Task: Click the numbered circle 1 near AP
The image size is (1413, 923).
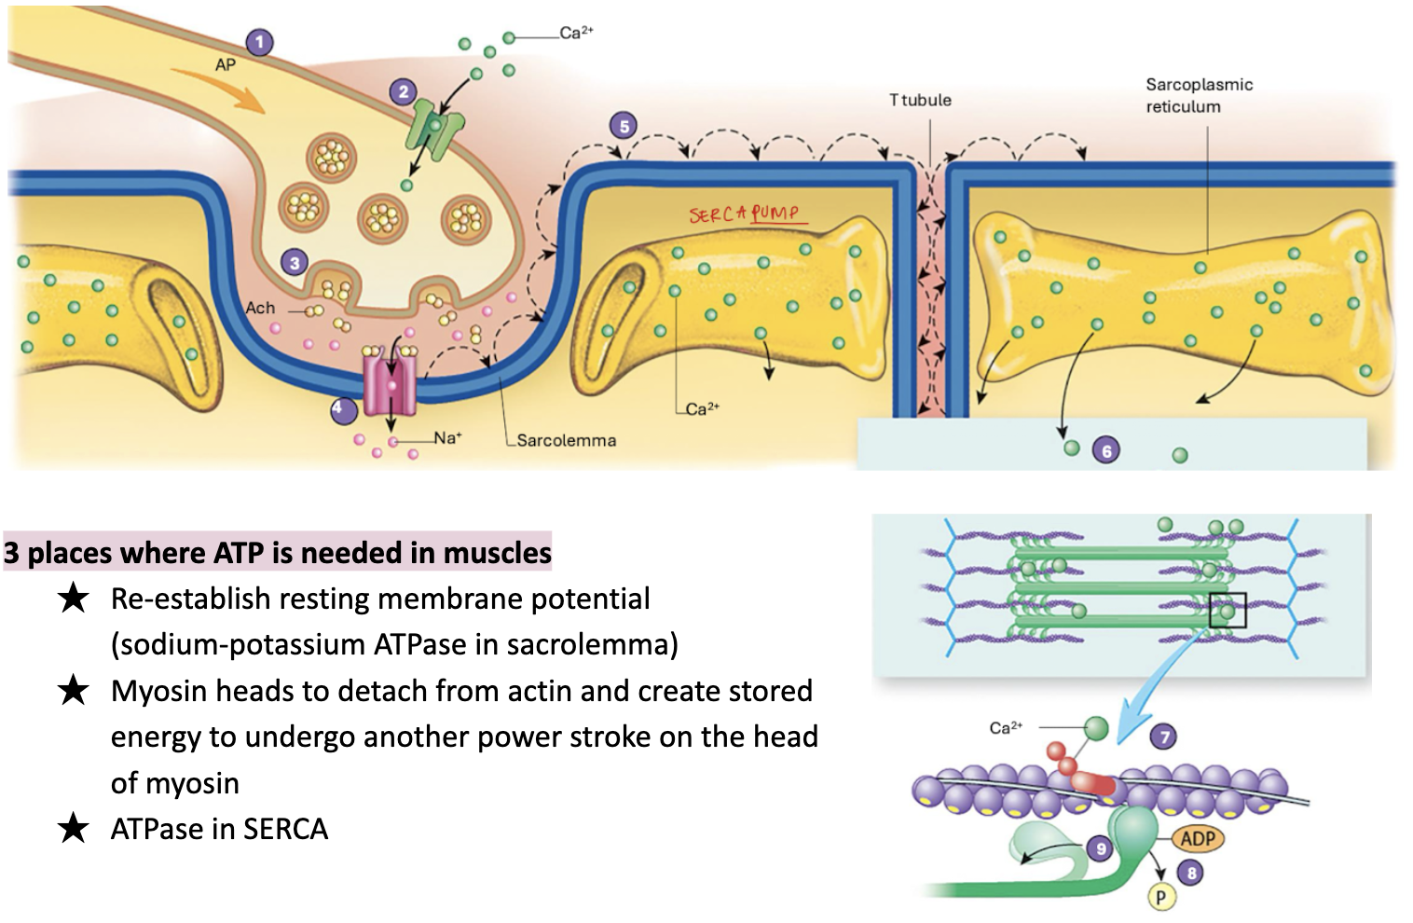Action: (x=259, y=42)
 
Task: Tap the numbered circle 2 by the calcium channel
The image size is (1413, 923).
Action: (x=403, y=91)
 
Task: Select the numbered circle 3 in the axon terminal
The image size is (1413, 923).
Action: (x=295, y=263)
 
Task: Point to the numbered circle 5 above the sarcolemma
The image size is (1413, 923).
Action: (x=624, y=126)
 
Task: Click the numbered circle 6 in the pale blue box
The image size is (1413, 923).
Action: (x=1106, y=451)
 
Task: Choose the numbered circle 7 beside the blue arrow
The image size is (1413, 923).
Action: (x=1163, y=737)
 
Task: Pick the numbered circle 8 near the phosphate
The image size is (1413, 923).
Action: (x=1190, y=873)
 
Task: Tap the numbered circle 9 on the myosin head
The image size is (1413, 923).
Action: (x=1101, y=848)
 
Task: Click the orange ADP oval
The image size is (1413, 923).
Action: (x=1197, y=838)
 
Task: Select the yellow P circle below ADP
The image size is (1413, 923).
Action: (x=1160, y=898)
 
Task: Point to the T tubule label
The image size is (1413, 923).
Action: (x=920, y=100)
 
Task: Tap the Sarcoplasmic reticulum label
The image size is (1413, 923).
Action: (x=1199, y=95)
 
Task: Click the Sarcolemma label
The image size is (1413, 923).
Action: (x=566, y=440)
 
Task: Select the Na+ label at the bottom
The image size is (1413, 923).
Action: (x=447, y=437)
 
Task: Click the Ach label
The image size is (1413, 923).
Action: (x=260, y=308)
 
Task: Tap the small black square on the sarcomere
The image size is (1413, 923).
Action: (x=1228, y=611)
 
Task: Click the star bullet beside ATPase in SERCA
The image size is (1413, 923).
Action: (x=73, y=828)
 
